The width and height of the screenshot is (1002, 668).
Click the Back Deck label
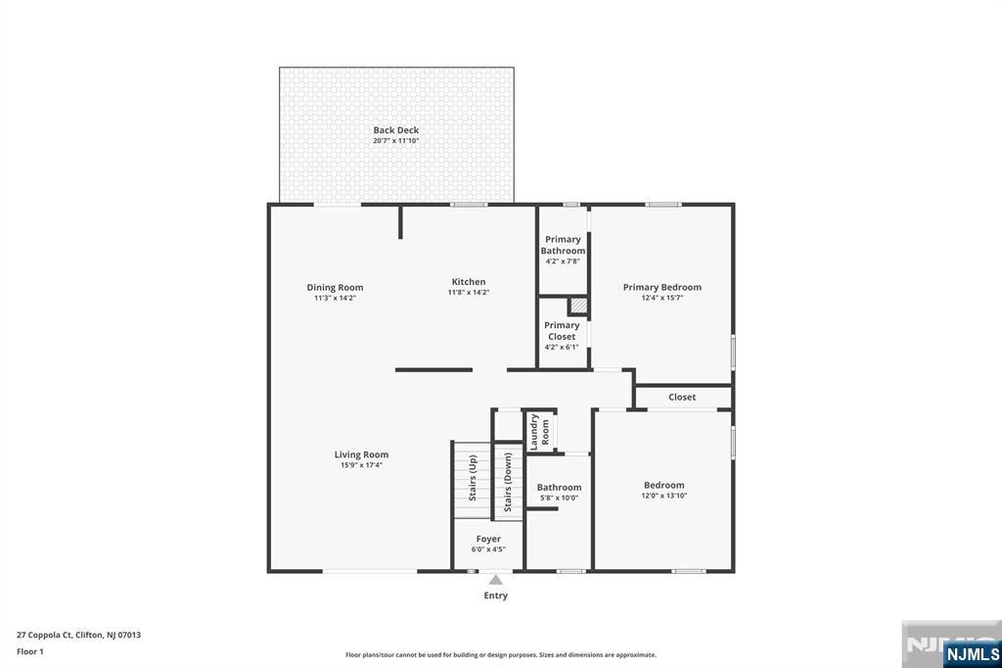(x=395, y=130)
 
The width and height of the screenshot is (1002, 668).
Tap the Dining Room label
(x=335, y=288)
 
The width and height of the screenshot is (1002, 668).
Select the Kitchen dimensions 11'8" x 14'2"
(x=469, y=292)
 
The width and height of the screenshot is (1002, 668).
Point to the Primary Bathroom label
(x=563, y=245)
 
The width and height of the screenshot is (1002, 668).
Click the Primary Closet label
(x=562, y=331)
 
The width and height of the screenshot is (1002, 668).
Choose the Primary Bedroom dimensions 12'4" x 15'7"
(x=662, y=298)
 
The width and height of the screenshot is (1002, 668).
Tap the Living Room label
(x=361, y=454)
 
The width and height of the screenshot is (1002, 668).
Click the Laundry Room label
(x=540, y=431)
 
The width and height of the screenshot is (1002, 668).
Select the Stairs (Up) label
(x=473, y=477)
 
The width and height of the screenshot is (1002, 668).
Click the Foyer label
(x=488, y=539)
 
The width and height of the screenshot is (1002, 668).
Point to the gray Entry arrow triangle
(x=496, y=580)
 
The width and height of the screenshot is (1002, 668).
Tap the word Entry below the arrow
(x=496, y=596)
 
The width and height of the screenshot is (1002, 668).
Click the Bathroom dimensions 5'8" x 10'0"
(x=560, y=498)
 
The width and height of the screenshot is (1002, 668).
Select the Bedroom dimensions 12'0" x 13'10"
(x=664, y=496)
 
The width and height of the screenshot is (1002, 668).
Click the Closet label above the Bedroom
(x=682, y=397)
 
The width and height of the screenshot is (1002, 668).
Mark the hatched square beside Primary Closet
(x=578, y=306)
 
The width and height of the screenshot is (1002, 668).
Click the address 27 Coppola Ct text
(x=78, y=635)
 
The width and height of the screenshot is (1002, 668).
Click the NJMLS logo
(x=972, y=653)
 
